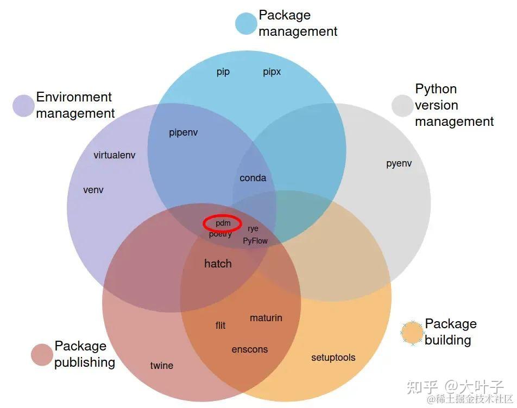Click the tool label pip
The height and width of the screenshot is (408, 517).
point(223,72)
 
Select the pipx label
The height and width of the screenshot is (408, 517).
point(272,72)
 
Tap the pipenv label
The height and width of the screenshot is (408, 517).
point(183,133)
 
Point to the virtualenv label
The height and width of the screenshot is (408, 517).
point(114,155)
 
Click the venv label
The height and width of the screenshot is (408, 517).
point(93,190)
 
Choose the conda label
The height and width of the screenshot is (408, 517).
point(253,178)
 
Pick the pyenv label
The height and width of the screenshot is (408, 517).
point(399,163)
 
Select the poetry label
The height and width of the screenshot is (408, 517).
point(220,234)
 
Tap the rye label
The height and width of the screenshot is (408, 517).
point(253,228)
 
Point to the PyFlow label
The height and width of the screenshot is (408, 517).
point(255,240)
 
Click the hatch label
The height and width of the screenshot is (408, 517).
point(218,264)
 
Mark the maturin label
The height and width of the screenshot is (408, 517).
point(266,318)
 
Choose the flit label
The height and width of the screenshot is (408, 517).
point(220,326)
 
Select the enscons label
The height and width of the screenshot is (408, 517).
point(250,349)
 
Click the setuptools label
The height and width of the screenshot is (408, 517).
point(333,358)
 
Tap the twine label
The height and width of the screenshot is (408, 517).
point(162,366)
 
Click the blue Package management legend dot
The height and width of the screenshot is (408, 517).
point(245,24)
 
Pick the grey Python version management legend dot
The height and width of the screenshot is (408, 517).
point(402,106)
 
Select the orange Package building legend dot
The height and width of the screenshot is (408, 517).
point(412,333)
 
